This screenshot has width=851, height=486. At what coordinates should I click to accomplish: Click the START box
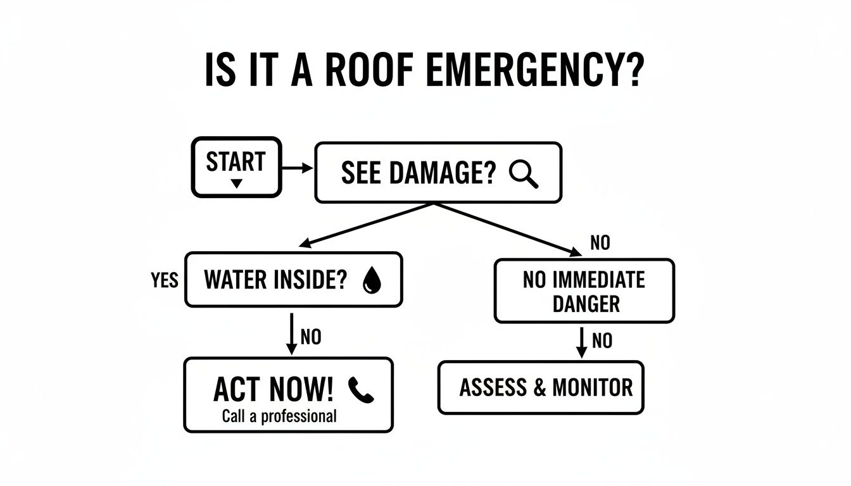[x=236, y=166]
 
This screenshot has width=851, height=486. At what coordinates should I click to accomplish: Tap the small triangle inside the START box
[x=236, y=184]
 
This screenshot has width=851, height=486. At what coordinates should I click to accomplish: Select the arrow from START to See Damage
[x=297, y=168]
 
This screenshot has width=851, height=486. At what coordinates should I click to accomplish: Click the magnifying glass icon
[x=524, y=173]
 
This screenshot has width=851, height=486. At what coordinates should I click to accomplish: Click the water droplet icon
[x=372, y=280]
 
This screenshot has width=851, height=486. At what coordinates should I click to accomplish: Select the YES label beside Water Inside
[x=165, y=280]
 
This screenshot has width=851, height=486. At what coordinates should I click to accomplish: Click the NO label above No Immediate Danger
[x=600, y=242]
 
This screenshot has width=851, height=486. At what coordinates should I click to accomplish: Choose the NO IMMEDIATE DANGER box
[x=584, y=291]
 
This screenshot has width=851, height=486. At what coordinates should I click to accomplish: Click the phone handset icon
[x=362, y=390]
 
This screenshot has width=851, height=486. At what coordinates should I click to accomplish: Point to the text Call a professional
[x=279, y=416]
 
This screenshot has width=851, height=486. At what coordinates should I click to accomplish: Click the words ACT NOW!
[x=273, y=390]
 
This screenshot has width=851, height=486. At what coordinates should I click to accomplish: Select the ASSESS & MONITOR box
[x=541, y=387]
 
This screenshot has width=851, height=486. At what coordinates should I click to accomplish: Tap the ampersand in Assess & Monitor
[x=539, y=387]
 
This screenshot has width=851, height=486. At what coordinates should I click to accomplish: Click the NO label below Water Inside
[x=311, y=337]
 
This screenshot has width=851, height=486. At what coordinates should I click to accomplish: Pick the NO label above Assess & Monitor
[x=602, y=341]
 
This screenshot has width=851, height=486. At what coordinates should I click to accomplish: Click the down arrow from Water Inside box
[x=292, y=332]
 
